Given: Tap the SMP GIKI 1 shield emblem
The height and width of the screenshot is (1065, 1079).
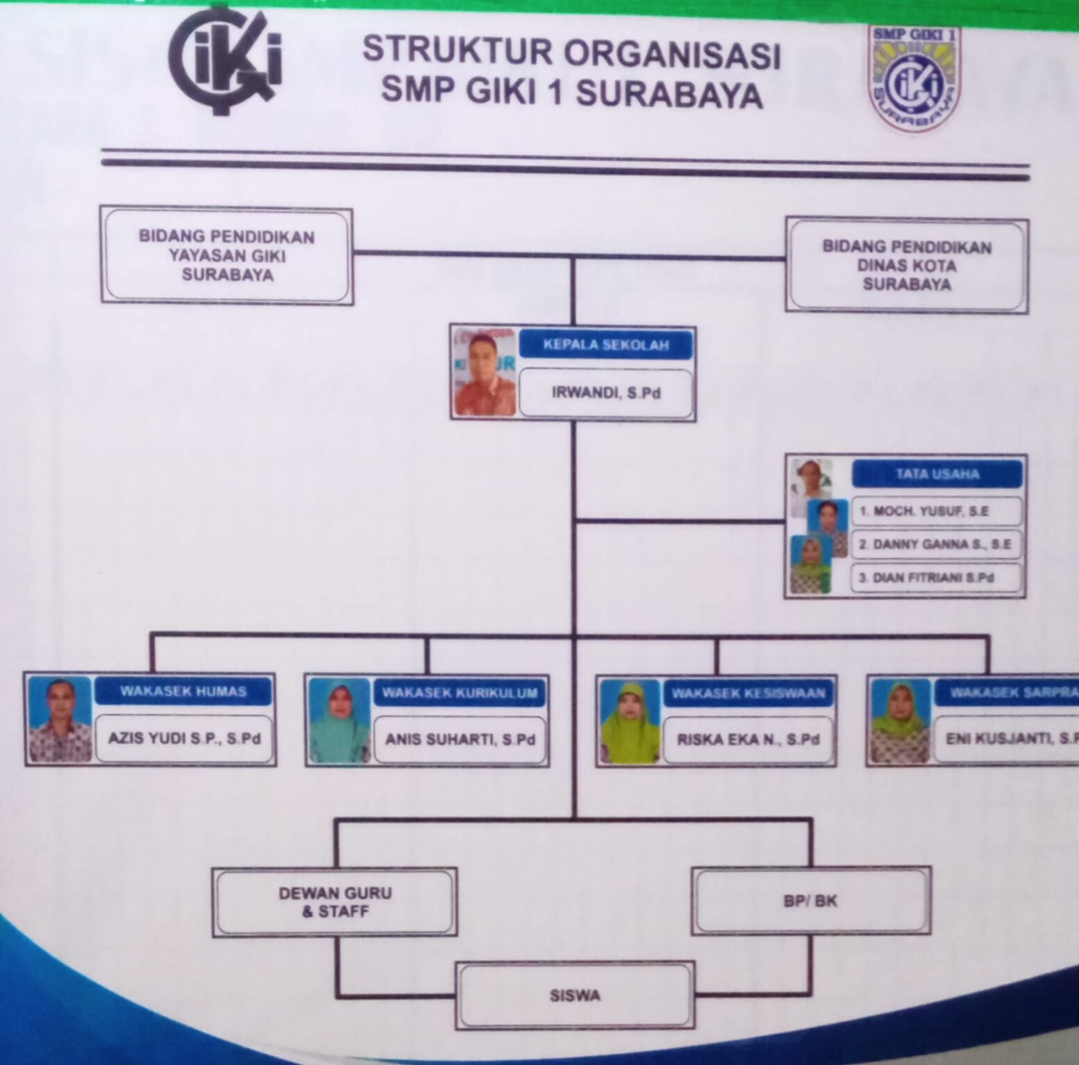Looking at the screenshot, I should click(913, 79).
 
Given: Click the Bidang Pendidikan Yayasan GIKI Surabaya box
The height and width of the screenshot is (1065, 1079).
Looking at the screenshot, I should click(227, 255).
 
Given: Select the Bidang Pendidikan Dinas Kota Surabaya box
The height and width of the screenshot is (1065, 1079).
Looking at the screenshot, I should click(906, 265).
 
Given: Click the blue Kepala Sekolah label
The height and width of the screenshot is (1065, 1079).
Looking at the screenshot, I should click(605, 345).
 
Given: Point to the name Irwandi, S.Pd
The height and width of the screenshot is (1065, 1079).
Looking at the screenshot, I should click(605, 393).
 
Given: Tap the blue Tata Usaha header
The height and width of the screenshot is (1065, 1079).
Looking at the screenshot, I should click(936, 475).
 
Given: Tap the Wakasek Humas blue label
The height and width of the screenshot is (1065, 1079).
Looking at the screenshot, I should click(183, 691).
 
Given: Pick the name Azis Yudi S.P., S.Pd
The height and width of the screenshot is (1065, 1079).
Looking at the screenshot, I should click(184, 738).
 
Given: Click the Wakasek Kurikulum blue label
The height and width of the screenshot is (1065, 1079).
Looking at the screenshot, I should click(459, 693).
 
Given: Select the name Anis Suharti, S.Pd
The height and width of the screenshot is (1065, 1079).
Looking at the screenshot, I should click(460, 739).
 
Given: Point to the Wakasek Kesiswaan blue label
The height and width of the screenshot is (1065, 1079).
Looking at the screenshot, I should click(748, 693).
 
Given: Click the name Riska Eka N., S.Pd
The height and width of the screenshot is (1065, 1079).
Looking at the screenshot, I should click(748, 740).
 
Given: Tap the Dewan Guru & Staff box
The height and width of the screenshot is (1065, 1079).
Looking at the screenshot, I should click(335, 902).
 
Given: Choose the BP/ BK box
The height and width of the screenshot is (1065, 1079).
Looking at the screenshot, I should click(811, 901).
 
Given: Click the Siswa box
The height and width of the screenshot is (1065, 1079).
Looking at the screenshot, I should click(575, 995).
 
